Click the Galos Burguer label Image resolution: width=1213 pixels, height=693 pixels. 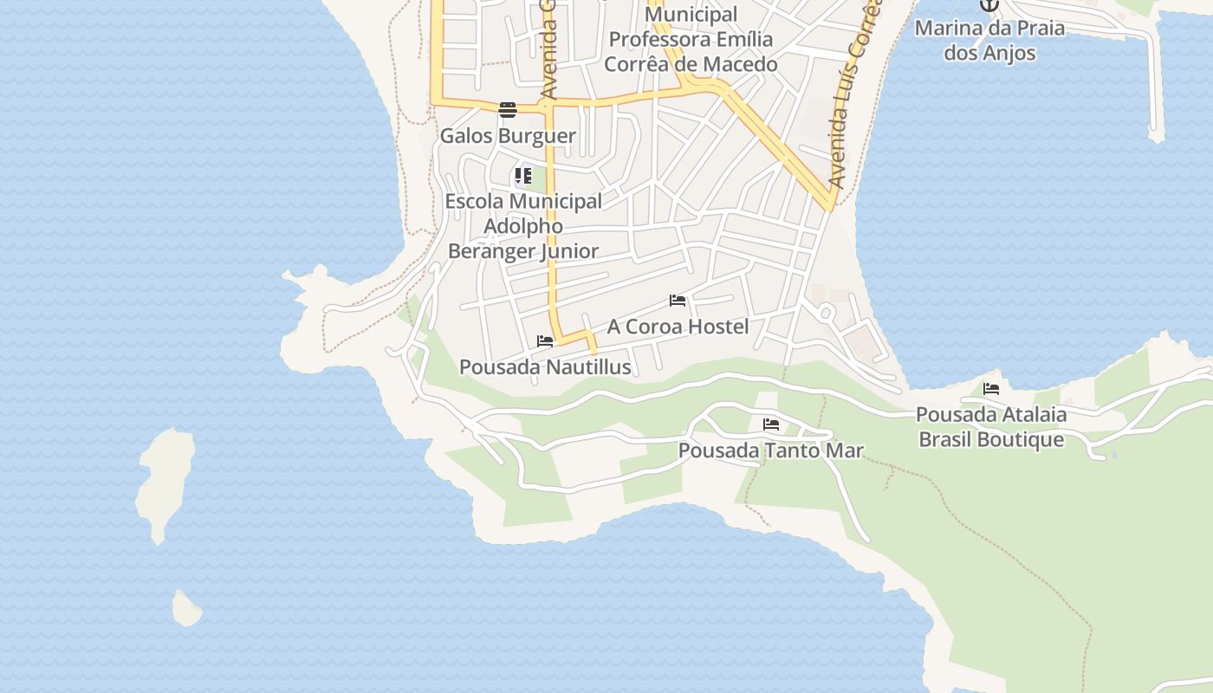click(x=508, y=136)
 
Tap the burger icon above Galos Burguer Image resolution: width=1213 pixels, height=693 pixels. click(x=508, y=109)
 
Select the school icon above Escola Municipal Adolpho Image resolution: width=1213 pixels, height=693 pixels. click(x=522, y=177)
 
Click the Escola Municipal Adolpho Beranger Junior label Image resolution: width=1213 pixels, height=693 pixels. click(x=523, y=226)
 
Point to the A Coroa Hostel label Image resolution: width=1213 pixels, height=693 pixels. click(x=678, y=327)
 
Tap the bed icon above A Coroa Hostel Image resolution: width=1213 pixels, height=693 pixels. click(x=678, y=301)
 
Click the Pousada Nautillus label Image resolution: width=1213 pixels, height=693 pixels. click(x=545, y=367)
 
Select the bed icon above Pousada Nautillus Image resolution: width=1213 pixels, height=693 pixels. click(x=545, y=341)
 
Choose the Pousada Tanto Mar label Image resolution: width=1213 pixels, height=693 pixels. click(x=771, y=450)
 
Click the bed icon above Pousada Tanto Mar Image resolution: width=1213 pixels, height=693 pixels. click(x=771, y=424)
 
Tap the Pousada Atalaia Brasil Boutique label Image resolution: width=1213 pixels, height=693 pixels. click(x=991, y=427)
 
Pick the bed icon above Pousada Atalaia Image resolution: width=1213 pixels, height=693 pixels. click(x=991, y=389)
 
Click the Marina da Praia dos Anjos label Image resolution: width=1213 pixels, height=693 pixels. click(x=989, y=40)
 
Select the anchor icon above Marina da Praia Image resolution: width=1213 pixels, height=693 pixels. click(x=989, y=4)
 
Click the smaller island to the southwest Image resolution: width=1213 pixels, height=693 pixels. click(x=186, y=608)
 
